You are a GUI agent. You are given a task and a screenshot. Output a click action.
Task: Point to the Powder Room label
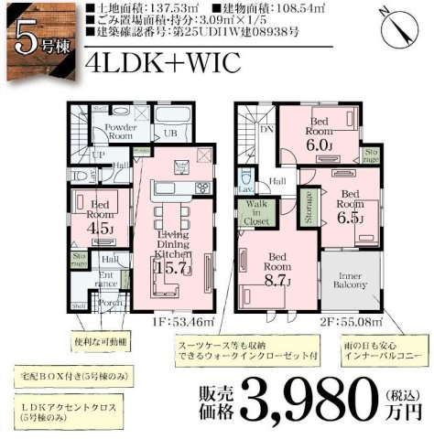(119, 131)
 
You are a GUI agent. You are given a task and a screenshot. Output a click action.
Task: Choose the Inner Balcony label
(349, 278)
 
